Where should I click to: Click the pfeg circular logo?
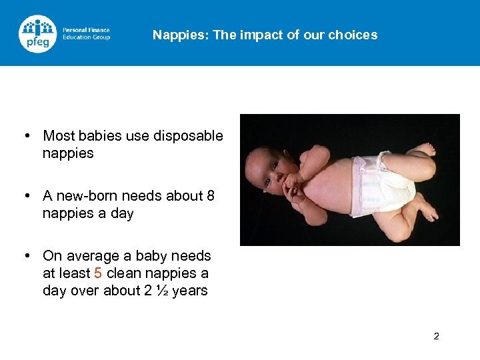[x=38, y=33]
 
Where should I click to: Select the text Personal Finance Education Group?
[x=86, y=33]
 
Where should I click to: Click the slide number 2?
[x=436, y=336]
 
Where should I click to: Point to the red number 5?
[x=98, y=273]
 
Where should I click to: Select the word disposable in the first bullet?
[x=188, y=136]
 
